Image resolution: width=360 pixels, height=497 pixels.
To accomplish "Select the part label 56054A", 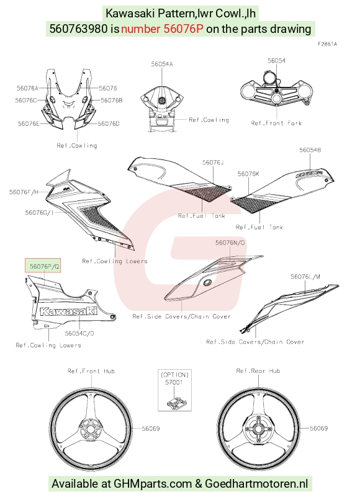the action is (162, 64).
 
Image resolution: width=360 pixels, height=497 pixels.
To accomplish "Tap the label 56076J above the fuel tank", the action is (213, 163).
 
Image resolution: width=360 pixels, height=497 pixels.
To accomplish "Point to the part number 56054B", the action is (310, 150).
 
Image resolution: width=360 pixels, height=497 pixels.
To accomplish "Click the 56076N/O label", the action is (230, 243).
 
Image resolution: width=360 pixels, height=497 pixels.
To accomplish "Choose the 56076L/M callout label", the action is (305, 277).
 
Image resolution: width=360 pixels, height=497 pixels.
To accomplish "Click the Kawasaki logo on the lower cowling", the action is (68, 311).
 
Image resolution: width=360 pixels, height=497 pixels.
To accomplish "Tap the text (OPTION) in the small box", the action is (175, 375).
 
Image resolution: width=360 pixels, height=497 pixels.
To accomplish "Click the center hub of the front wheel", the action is (91, 431).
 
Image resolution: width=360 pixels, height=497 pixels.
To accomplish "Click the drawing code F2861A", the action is (327, 44).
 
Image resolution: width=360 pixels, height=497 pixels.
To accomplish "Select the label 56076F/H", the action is (24, 192).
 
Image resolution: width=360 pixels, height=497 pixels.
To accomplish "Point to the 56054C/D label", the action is (79, 333).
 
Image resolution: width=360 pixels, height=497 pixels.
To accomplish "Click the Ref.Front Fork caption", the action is (276, 123).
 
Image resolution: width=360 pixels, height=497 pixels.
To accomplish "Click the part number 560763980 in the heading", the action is (79, 29).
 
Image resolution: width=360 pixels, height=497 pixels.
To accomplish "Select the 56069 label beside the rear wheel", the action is (319, 428).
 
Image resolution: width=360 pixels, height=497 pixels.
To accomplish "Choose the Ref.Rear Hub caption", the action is (258, 371).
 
